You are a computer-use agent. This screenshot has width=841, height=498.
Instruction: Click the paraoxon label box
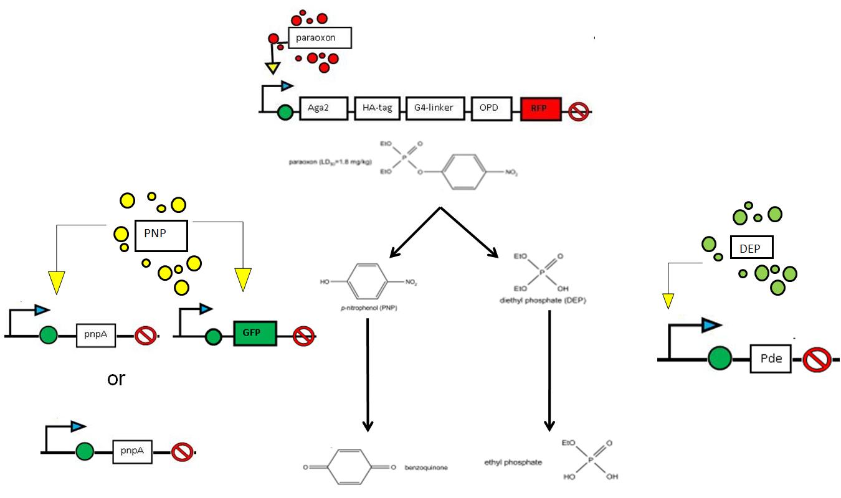click(x=320, y=38)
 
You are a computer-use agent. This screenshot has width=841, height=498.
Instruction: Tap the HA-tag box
click(x=377, y=108)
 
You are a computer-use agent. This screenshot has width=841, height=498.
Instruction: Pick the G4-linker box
click(x=433, y=108)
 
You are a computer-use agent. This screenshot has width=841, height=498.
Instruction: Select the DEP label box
click(x=751, y=248)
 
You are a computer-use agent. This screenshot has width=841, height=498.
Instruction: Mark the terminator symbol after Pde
click(x=817, y=360)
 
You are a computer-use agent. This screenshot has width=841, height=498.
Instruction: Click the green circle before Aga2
click(x=285, y=113)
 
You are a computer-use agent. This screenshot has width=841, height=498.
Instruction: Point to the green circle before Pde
click(x=720, y=359)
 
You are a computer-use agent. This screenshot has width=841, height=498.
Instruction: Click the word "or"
click(x=116, y=378)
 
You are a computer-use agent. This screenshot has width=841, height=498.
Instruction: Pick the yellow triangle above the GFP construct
click(x=243, y=279)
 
